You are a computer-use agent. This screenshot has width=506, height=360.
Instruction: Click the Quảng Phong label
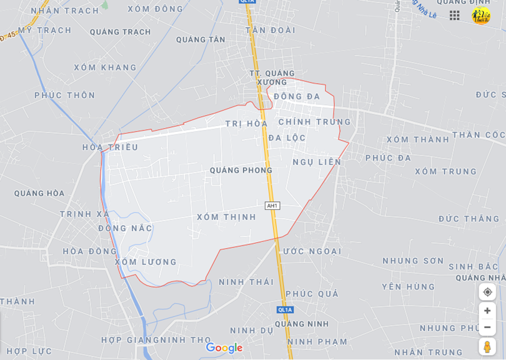241,170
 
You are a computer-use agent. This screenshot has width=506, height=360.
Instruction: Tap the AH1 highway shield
272,206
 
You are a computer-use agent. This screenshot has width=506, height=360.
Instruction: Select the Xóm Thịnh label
226,217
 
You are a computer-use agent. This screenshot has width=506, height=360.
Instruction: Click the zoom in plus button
487,311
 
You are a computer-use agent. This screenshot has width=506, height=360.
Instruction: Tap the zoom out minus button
487,327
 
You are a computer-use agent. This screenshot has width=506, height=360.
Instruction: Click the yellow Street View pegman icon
487,347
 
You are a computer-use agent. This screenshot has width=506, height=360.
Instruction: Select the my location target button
487,292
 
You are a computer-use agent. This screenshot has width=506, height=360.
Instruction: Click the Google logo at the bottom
224,348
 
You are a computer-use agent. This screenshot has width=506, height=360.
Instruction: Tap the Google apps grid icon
455,15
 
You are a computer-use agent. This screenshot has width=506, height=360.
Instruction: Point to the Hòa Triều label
110,147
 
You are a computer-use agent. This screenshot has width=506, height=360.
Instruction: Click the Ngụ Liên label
317,162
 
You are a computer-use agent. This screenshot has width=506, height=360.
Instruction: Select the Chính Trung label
315,122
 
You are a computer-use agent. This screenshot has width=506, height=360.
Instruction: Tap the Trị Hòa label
246,124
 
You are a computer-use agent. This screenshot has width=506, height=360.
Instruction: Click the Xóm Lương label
146,262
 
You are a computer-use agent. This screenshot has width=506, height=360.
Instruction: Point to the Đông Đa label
297,96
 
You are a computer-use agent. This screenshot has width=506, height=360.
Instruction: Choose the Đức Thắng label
469,219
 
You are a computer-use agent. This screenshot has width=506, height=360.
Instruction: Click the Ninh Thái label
246,282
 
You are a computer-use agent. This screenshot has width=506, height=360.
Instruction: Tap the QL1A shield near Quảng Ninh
285,309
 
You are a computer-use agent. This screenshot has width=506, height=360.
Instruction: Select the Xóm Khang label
105,67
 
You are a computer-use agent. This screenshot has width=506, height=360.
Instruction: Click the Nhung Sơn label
413,261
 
